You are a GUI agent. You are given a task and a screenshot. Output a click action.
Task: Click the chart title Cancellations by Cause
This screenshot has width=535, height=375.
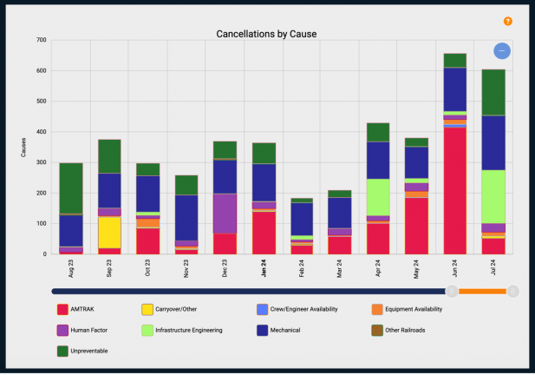(x=266, y=34)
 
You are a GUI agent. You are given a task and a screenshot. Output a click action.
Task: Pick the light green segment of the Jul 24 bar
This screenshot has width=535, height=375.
(x=493, y=196)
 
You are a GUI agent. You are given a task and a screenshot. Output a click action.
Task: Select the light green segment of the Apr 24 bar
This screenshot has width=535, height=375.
(x=378, y=197)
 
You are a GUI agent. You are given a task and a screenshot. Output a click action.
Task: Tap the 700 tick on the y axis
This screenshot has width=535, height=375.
(x=41, y=40)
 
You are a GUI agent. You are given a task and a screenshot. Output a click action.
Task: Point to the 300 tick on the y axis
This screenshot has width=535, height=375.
(x=41, y=162)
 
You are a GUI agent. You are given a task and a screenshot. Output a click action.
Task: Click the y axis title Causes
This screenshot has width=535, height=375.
(x=25, y=148)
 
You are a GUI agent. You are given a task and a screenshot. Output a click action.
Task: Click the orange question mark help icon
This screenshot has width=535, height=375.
(x=508, y=21)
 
